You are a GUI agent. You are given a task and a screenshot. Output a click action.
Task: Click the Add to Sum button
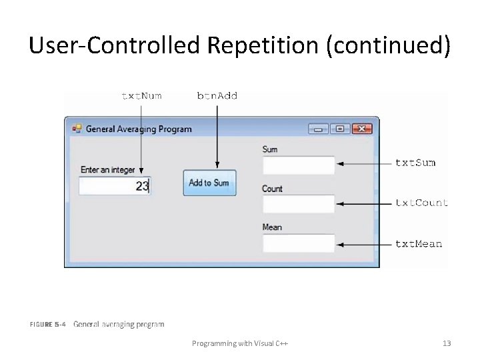coord(209,183)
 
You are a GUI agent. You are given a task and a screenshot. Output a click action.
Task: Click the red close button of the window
coord(361,129)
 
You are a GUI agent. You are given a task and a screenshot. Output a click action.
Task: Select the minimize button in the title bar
coord(318,129)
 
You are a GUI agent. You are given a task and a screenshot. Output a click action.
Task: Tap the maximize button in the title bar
coord(339,129)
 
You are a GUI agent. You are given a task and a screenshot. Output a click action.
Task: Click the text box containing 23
coord(115,186)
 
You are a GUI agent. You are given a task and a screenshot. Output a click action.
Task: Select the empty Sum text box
coord(298,165)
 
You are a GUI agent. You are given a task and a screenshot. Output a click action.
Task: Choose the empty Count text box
coord(298,204)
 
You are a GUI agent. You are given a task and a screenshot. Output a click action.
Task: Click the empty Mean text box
coord(298,243)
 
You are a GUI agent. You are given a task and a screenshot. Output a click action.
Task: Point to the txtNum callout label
coord(141,96)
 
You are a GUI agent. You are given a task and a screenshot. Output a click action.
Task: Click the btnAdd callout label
coord(217,96)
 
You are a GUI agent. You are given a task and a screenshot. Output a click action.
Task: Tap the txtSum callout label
coord(415,163)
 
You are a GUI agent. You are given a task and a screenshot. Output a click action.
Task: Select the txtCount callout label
coord(421,203)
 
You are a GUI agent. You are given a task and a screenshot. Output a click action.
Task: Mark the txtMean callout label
coord(419,244)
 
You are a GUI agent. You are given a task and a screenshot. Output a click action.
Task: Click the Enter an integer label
coord(107,170)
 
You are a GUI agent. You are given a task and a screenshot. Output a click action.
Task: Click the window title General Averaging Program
coord(139,129)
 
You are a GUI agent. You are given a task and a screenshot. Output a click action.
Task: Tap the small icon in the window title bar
coord(76,129)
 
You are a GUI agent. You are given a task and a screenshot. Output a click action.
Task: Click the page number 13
coord(447,343)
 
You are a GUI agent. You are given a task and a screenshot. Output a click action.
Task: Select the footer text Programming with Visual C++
coord(240,343)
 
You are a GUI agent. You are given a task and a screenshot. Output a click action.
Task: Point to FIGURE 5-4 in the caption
coord(48,325)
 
